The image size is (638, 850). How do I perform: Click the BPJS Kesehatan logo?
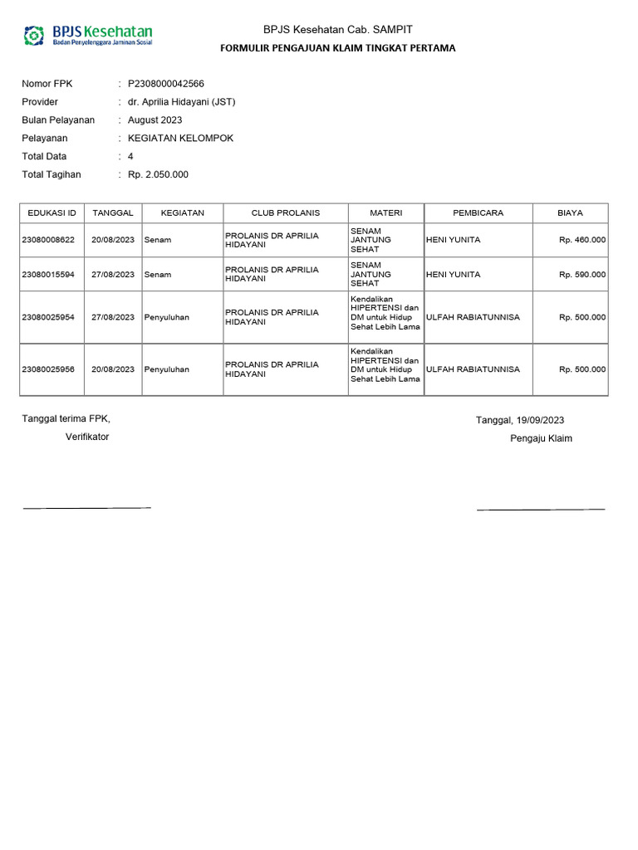point(88,35)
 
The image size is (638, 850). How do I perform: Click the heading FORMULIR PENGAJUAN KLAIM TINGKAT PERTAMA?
point(337,48)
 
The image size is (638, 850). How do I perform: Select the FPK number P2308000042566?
point(166,84)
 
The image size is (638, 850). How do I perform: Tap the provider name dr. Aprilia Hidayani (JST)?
point(182,102)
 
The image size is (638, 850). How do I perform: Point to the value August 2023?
point(155,120)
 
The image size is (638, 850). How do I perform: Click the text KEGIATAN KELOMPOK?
point(180,139)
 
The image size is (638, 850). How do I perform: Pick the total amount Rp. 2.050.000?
point(158,174)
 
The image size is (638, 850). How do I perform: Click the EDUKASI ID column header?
point(52,213)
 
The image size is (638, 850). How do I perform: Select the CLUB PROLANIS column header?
point(285,213)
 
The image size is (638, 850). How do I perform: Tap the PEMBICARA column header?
point(478,213)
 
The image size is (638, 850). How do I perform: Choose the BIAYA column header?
point(570,213)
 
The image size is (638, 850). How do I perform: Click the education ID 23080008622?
point(48,240)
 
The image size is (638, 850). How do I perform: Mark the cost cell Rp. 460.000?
point(582,240)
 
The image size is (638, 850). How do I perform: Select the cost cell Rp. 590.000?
point(582,274)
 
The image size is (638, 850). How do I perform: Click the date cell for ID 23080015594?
point(113,274)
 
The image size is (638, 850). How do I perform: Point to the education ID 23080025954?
point(48,317)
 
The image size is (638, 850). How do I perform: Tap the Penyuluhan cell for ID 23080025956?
point(167,369)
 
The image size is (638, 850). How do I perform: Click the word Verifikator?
point(87,437)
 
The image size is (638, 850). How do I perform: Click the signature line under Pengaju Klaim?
point(541,508)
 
